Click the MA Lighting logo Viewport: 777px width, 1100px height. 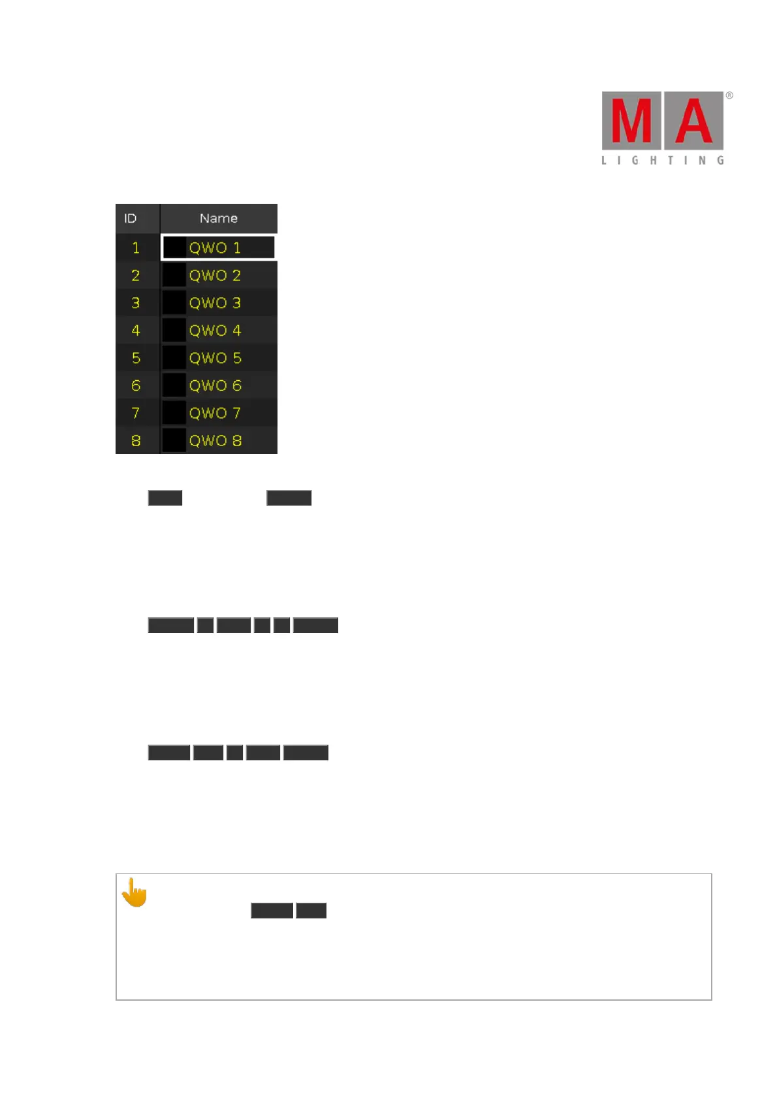tap(663, 127)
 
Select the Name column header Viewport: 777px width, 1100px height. tap(218, 218)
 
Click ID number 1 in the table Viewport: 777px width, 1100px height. tap(136, 248)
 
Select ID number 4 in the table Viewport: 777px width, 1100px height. tap(136, 331)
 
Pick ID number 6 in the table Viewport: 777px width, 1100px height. tap(136, 385)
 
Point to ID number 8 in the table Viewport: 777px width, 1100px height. tap(136, 440)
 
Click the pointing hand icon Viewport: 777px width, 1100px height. tap(135, 892)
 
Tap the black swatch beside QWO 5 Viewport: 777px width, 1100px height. tap(174, 358)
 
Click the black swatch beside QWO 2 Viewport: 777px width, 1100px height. tap(174, 276)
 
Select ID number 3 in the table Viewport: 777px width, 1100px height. tap(136, 303)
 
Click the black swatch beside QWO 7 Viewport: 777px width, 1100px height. tap(174, 413)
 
